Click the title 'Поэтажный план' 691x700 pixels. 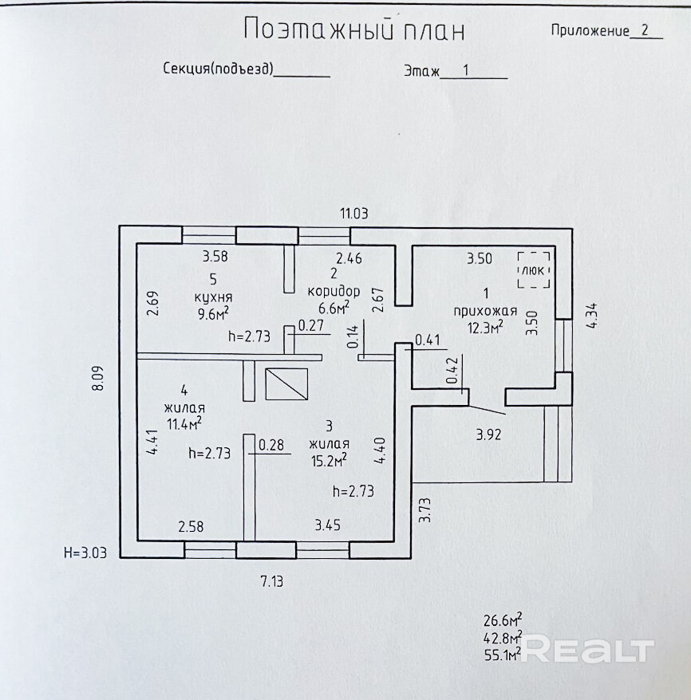[353, 29]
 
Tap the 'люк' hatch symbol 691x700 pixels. [533, 270]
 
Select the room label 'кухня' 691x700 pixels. [212, 297]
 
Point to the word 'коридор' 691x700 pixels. [334, 291]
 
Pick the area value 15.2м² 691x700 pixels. [329, 460]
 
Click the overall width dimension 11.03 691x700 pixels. [354, 213]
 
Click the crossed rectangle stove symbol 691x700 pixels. [285, 383]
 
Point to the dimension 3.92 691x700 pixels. [489, 435]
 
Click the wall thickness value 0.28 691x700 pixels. [272, 445]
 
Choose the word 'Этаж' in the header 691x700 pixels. [422, 71]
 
